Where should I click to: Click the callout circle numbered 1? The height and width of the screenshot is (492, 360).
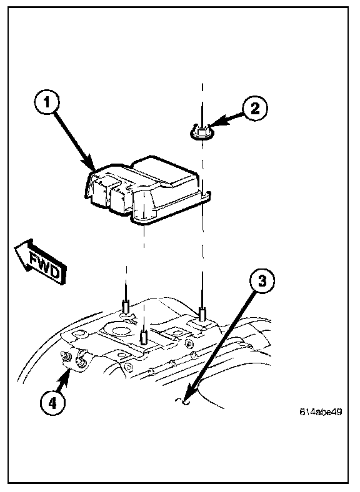47,102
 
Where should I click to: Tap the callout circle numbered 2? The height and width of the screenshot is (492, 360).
255,109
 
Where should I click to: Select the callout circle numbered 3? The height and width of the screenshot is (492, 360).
262,281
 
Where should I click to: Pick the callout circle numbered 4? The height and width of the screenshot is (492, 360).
52,403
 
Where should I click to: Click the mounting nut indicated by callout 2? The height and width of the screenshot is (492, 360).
201,132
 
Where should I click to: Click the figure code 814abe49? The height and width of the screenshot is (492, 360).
321,411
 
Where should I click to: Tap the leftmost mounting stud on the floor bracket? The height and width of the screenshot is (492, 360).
126,306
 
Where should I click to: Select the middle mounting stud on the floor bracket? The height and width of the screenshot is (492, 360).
144,337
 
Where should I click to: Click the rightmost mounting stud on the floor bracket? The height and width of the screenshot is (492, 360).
202,315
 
